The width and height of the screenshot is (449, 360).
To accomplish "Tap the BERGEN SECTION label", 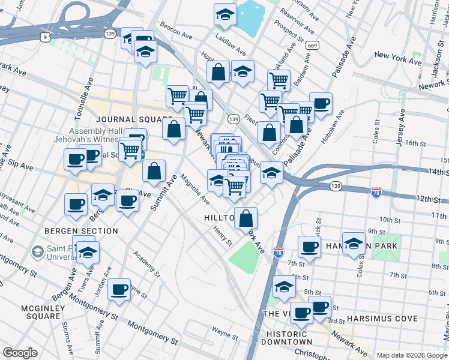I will (x=81, y=231).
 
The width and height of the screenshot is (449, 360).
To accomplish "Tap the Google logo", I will (x=20, y=353).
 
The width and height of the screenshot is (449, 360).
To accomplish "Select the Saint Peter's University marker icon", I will (x=37, y=251).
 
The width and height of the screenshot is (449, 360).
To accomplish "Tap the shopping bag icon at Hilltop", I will (x=246, y=218).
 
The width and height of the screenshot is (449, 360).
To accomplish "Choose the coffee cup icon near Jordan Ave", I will (x=119, y=290).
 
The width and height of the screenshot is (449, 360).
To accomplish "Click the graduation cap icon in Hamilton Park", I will (x=354, y=244).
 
